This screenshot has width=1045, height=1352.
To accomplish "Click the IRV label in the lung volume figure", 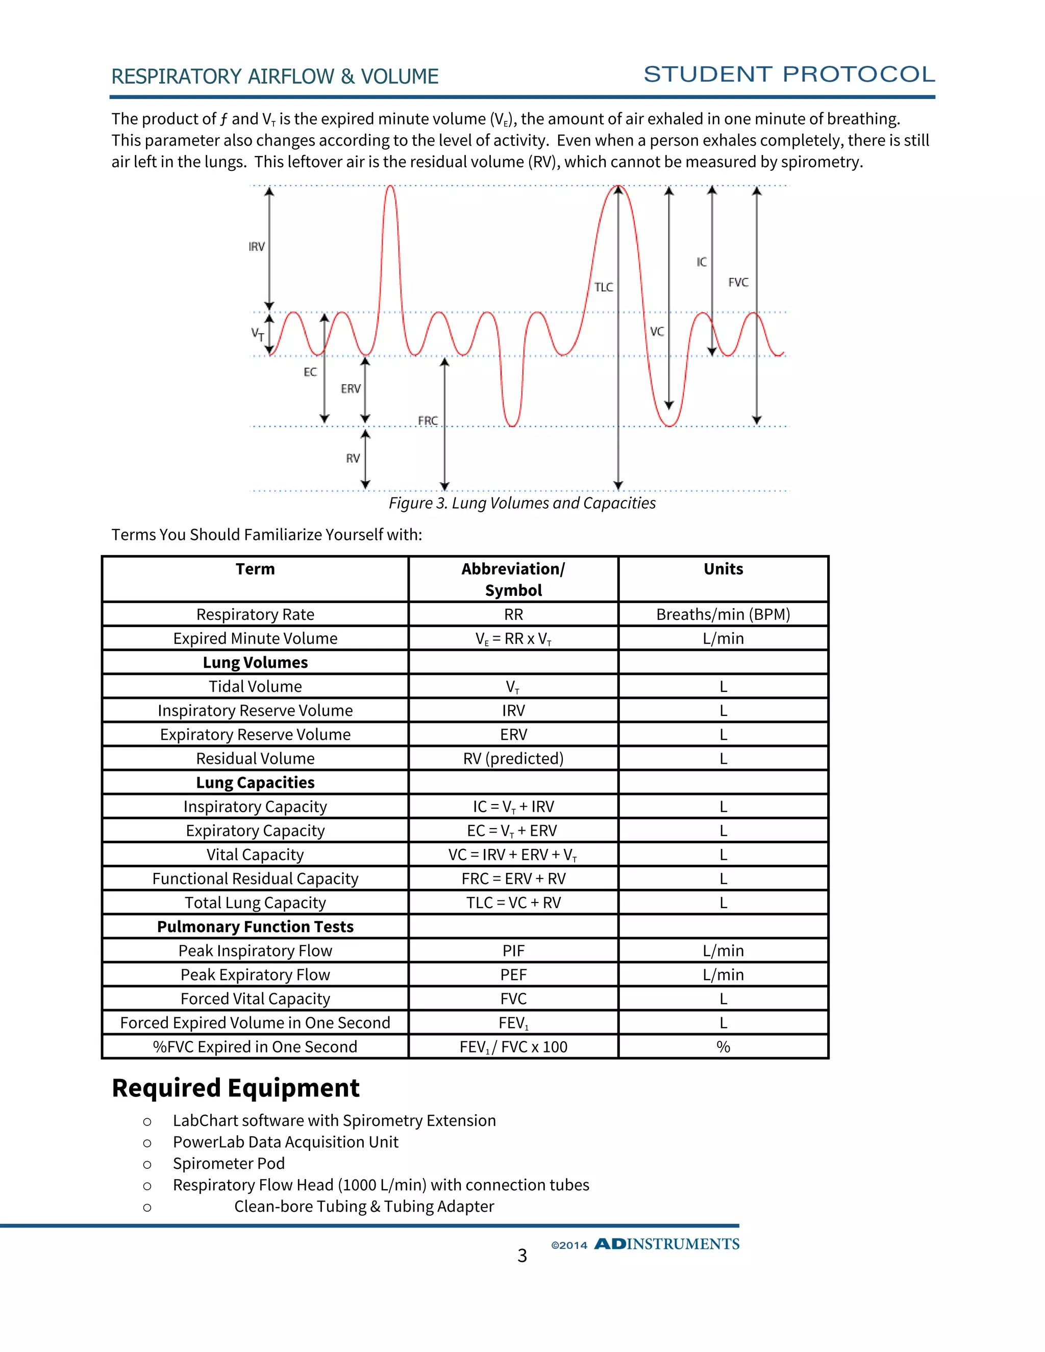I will [256, 247].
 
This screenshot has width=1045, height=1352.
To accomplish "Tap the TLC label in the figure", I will [604, 287].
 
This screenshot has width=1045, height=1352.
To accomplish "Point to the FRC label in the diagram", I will [428, 421].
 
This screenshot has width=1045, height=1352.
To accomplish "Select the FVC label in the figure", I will [738, 282].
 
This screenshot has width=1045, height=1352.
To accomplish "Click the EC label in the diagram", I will [310, 372].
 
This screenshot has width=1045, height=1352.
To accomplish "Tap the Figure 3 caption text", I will [522, 503].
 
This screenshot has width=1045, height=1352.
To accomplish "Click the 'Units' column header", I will [723, 569].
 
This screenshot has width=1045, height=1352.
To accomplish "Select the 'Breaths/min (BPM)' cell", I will [723, 614].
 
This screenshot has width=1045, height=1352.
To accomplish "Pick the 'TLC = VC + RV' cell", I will [513, 903].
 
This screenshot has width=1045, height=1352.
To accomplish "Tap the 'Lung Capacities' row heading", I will [255, 783].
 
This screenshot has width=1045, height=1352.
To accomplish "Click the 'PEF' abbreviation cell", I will [513, 974].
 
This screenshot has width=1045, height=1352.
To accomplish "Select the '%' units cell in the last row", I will [723, 1047].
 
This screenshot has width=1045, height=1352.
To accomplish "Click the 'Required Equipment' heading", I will [235, 1088].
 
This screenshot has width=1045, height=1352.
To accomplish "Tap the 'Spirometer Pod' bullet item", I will [229, 1163].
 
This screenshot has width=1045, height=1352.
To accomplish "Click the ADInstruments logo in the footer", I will [667, 1244].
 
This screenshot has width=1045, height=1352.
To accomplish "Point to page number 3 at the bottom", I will [522, 1256].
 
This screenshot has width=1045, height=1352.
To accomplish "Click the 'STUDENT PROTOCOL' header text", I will [789, 74].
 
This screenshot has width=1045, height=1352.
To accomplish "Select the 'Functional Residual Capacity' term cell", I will [255, 879].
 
